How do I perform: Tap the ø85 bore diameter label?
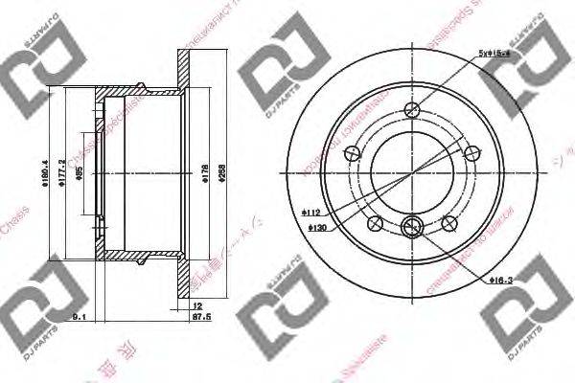pyautogui.click(x=80, y=175)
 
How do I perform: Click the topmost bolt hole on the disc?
pyautogui.click(x=412, y=109)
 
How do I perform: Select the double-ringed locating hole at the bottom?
pyautogui.click(x=412, y=226)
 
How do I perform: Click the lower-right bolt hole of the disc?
pyautogui.click(x=448, y=223)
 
